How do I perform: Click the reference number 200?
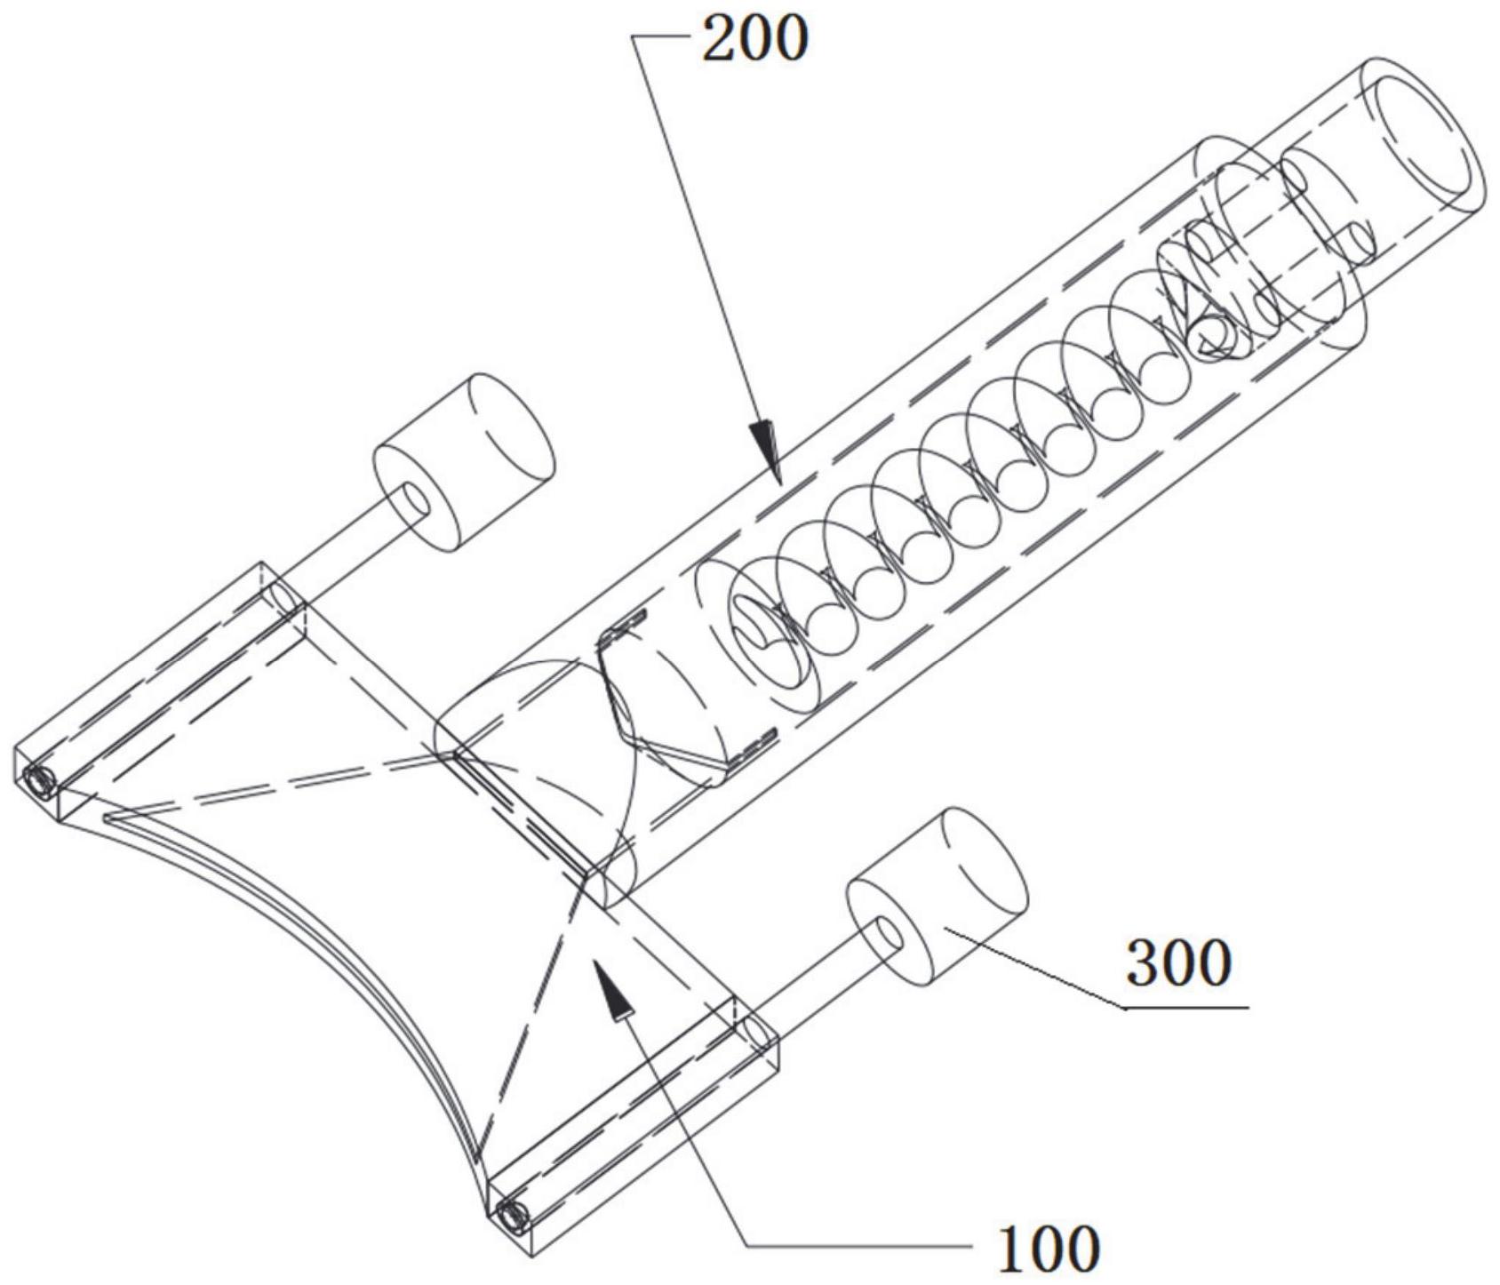click(x=754, y=38)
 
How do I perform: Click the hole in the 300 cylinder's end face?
click(x=885, y=938)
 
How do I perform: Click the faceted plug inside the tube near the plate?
click(x=675, y=702)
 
